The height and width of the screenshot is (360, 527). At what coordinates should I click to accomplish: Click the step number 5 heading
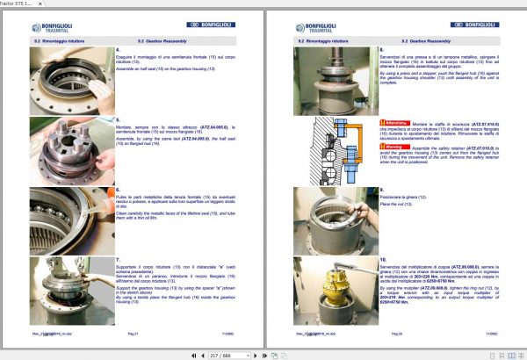118,119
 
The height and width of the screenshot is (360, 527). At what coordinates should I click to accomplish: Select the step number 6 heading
118,189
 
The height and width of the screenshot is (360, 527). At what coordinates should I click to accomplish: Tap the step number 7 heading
118,260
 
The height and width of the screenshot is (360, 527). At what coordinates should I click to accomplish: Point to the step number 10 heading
381,260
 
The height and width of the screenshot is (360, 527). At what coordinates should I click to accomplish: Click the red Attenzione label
393,122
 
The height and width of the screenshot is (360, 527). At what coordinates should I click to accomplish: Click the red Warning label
391,148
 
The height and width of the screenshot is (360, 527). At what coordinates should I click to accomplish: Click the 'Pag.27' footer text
133,335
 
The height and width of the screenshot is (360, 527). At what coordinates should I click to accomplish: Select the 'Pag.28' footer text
396,335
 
